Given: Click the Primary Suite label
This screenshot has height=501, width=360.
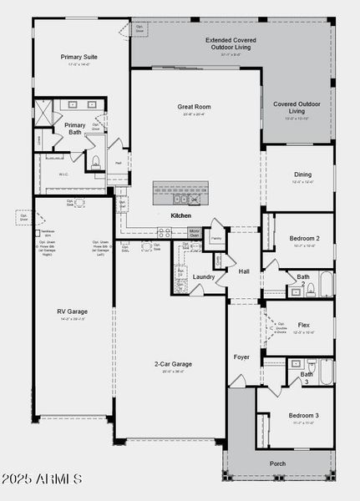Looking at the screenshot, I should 80,57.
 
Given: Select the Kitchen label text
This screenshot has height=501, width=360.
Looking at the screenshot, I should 181,215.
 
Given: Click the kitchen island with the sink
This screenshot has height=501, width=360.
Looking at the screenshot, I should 179,193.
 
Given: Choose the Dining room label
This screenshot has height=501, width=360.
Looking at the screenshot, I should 302,175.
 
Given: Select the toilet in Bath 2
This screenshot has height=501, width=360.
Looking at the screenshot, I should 310,291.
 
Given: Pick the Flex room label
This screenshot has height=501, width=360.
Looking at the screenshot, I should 303,326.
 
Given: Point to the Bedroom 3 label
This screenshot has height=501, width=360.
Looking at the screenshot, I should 303,415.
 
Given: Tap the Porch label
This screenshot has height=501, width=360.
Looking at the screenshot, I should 277,463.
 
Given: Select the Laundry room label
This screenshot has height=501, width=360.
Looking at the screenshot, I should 204,276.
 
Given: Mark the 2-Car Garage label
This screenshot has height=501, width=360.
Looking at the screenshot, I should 173,364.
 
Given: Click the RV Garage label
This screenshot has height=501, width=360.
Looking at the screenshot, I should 72,312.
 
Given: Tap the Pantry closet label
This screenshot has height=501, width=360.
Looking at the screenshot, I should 216,238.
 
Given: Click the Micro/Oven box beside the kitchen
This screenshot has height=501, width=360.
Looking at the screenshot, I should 194,234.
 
